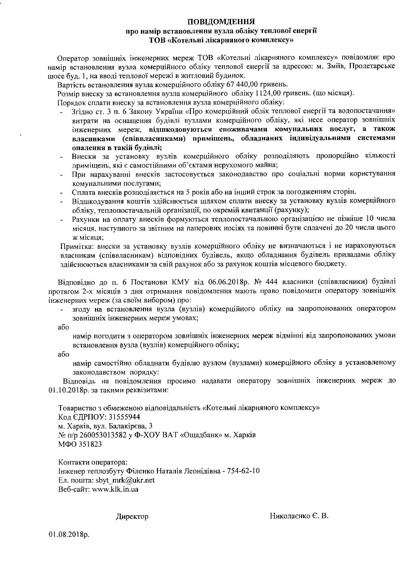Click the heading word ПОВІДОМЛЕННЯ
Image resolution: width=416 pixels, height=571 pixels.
(221, 22)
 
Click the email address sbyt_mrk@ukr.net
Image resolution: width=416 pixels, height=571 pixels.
(125, 480)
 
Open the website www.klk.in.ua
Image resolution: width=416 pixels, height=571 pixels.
(115, 489)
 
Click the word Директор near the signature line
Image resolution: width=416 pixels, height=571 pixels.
(132, 517)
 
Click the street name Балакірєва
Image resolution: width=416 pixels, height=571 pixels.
(126, 426)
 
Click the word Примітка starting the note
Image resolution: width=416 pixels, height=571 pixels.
(76, 246)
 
